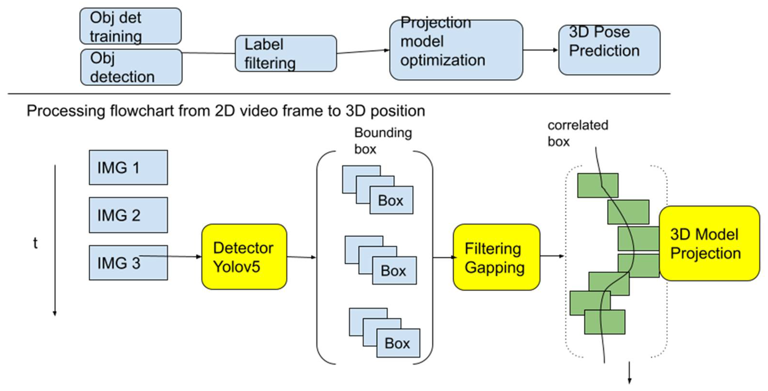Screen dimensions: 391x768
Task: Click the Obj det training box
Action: pos(130,26)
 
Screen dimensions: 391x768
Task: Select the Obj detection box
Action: pos(131,67)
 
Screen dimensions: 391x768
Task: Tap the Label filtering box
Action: pos(286,54)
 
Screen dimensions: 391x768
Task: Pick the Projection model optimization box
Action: pos(456,50)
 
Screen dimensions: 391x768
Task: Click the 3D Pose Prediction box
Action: pos(609,50)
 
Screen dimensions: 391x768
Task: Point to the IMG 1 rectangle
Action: pos(128,167)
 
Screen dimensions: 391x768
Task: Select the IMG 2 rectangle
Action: pos(128,215)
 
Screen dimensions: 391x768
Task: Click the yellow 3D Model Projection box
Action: pos(709,244)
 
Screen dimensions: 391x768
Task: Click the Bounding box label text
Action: pos(383,141)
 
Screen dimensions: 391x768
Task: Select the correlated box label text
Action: pos(577,133)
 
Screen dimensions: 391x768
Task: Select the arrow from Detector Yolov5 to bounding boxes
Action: pos(301,257)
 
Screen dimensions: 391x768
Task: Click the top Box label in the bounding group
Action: pos(391,200)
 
